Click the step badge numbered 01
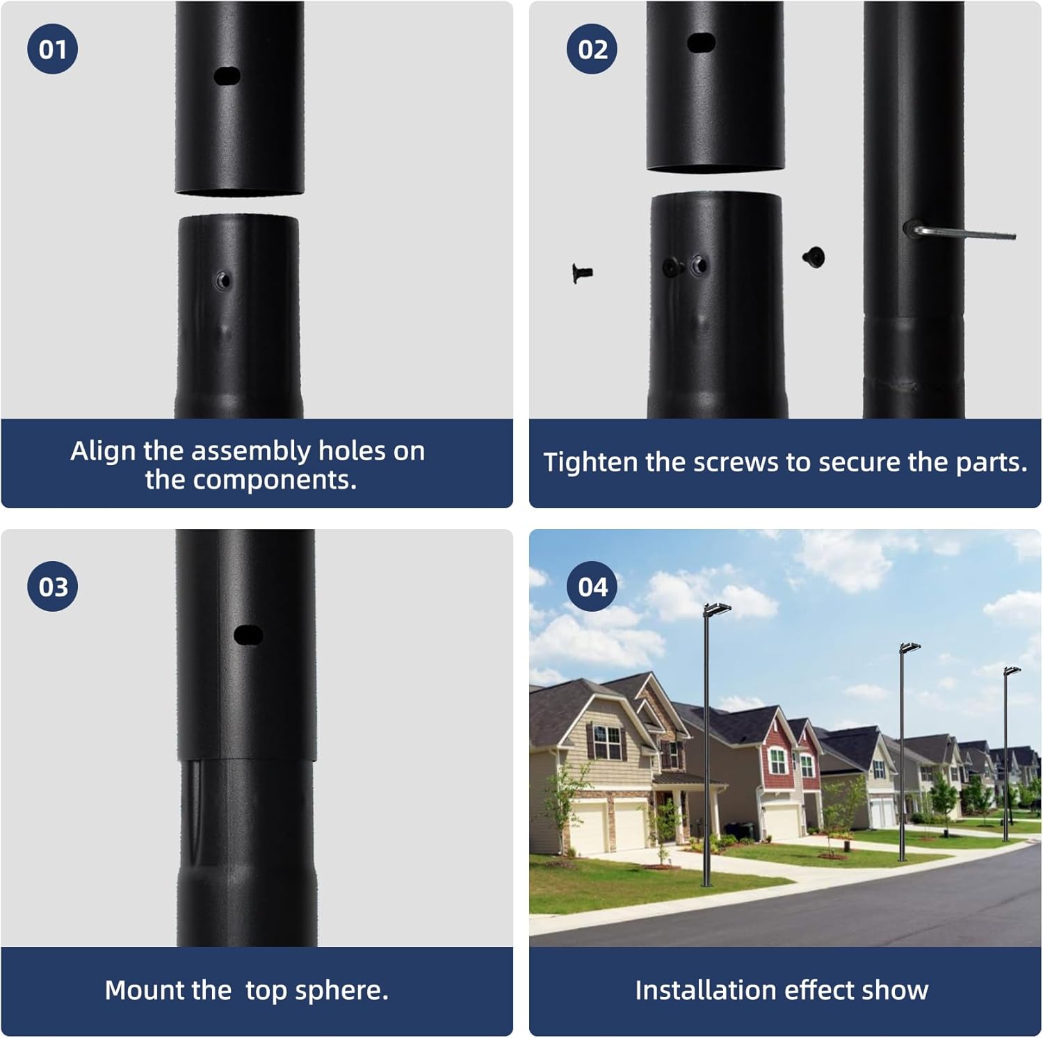click(52, 49)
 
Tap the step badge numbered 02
click(592, 49)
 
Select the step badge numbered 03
click(52, 586)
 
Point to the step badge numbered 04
click(592, 586)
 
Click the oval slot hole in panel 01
click(227, 76)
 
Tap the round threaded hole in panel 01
click(223, 280)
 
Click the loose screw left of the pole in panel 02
click(581, 273)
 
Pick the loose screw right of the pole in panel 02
click(814, 257)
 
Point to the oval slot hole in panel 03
click(248, 635)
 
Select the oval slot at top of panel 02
click(702, 42)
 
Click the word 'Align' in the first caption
click(103, 451)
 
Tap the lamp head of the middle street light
click(910, 649)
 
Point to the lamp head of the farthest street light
click(1012, 671)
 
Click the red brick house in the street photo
click(782, 758)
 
